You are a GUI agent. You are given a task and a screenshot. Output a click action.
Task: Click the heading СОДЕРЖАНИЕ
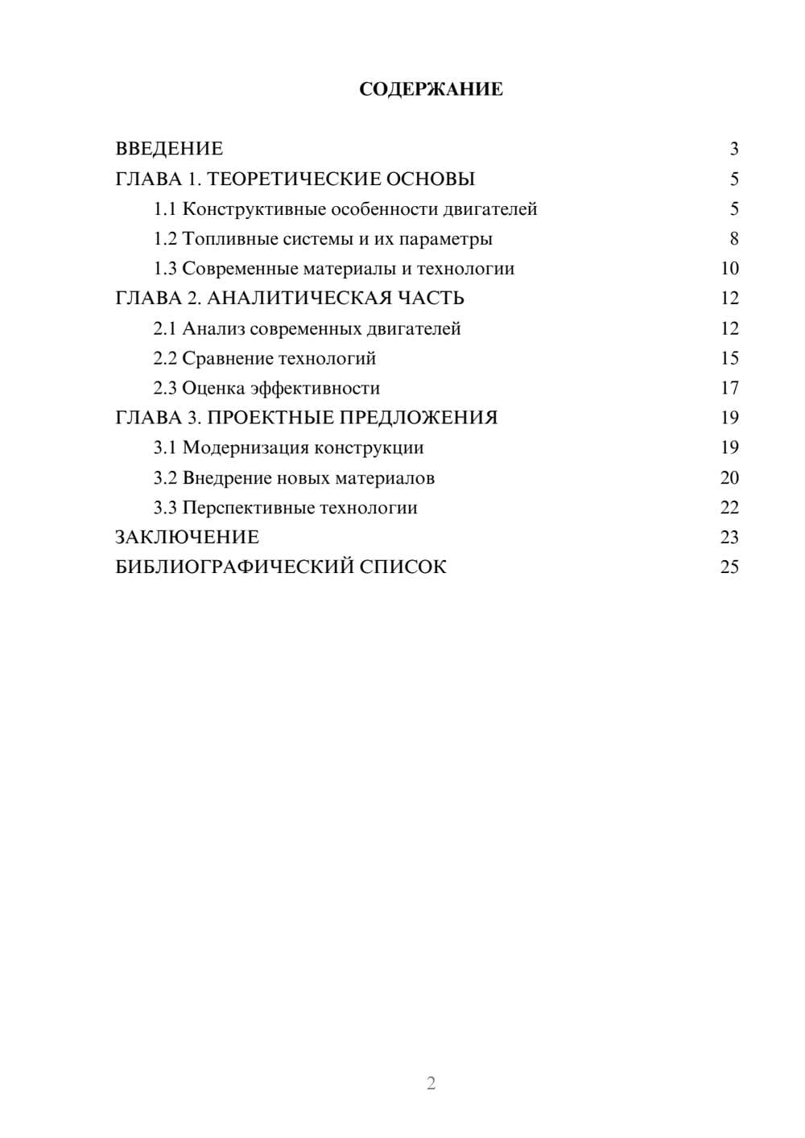tap(431, 89)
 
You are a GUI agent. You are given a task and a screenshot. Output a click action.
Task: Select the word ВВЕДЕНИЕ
tap(169, 149)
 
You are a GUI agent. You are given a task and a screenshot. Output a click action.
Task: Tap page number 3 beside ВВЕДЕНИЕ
tap(733, 149)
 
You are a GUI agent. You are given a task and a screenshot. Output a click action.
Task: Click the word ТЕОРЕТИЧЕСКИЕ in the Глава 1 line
tap(289, 179)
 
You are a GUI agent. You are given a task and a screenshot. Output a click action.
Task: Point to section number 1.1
tap(165, 209)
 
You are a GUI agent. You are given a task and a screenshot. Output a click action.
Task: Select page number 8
tap(733, 239)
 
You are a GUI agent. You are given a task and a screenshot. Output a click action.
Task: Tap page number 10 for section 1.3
tap(729, 269)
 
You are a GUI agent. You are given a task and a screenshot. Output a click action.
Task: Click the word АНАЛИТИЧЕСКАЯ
tap(297, 299)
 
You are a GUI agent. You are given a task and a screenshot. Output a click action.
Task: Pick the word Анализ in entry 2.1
tap(213, 328)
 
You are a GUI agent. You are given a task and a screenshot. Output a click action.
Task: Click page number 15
tap(729, 358)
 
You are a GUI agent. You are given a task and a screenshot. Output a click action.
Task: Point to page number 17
tap(729, 388)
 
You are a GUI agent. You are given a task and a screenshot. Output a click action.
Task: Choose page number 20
tap(729, 478)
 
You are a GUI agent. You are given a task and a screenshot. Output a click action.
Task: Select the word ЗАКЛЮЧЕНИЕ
tap(188, 538)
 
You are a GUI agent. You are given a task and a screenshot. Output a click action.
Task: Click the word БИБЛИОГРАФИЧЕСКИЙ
tap(234, 567)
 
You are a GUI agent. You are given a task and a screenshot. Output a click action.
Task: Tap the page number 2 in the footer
tap(431, 1083)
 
